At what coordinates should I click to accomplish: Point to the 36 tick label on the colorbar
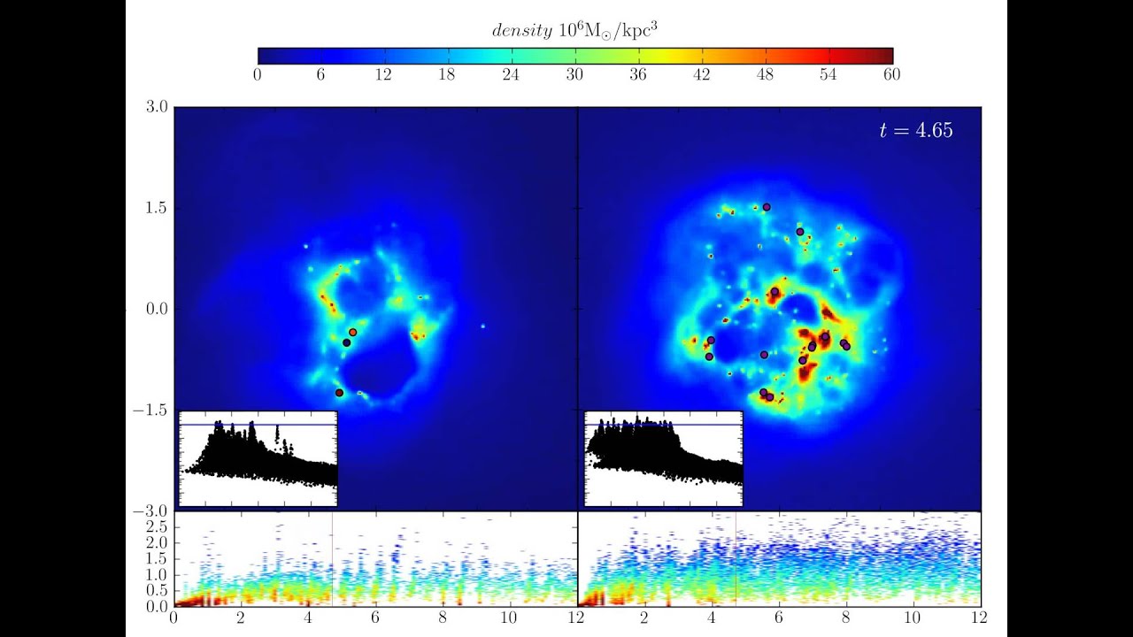[638, 75]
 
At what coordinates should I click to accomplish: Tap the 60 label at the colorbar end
[891, 75]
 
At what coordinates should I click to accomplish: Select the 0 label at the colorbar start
[258, 75]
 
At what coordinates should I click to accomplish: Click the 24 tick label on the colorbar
[511, 75]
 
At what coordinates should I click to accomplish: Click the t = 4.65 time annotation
[915, 131]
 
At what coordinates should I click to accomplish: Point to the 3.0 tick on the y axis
[157, 107]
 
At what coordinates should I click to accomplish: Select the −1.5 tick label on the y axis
[151, 411]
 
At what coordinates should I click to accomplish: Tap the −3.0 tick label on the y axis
[151, 512]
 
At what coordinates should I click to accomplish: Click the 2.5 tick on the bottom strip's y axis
[157, 526]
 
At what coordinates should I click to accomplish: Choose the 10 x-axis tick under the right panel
[913, 618]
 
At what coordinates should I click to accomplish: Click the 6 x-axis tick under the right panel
[779, 618]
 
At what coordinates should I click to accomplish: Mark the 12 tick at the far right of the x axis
[980, 618]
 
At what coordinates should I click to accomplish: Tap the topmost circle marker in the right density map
[767, 207]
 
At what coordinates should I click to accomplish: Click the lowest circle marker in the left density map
[339, 392]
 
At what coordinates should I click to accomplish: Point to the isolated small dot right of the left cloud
[482, 326]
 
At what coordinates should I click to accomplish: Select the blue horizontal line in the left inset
[257, 426]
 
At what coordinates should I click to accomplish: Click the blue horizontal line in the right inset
[664, 426]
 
